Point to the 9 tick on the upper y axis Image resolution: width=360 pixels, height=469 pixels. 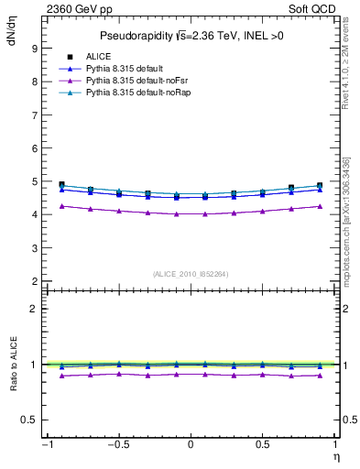pos(33,48)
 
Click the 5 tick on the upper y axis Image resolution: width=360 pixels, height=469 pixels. pos(33,181)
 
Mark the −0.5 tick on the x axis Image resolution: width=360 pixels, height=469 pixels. pos(116,445)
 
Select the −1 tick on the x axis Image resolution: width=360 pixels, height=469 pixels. pos(46,445)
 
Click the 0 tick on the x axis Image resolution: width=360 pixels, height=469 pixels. pos(191,445)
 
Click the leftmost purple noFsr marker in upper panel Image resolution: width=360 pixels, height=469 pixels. pos(61,206)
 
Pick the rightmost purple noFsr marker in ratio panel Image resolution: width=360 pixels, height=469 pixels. pos(319,376)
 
